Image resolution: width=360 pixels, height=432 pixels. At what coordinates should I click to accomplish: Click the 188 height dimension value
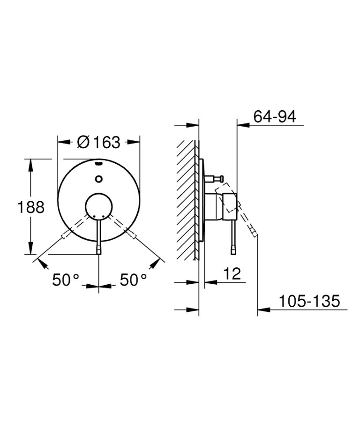coord(31,207)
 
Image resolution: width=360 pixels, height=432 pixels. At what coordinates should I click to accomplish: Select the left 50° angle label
coord(66,280)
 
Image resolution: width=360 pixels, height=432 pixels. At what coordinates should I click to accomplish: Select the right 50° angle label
coord(134,280)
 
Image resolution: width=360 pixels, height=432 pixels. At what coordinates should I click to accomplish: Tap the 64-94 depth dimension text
coord(274,116)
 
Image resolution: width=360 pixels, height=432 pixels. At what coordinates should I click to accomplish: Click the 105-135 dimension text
coord(308,301)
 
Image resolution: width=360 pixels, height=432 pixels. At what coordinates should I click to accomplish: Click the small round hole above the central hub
coord(98,178)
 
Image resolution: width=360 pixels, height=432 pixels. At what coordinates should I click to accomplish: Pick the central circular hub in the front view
coord(98,205)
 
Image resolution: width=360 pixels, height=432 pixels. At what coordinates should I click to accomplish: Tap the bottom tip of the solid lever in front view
coord(98,250)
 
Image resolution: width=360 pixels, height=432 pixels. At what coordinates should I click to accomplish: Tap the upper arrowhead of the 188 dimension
coord(31,163)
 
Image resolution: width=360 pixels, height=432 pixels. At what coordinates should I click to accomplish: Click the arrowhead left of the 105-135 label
coord(262,309)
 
